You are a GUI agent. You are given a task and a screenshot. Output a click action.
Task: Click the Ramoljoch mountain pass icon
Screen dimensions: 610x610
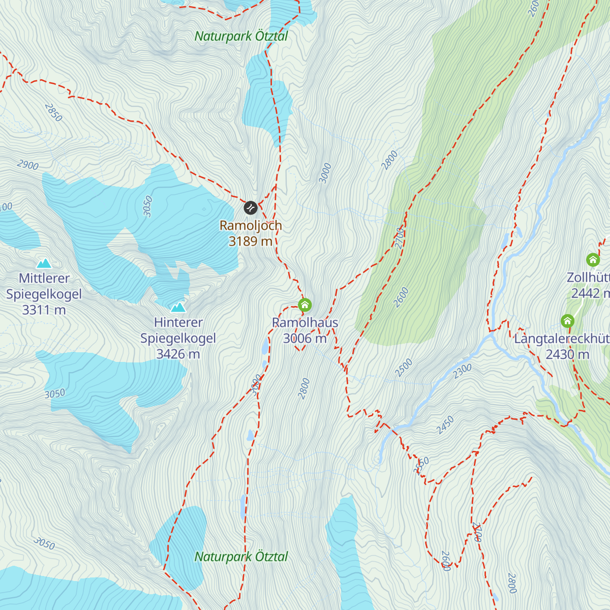click(x=250, y=207)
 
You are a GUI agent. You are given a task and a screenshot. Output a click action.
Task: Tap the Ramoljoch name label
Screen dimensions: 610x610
click(x=251, y=225)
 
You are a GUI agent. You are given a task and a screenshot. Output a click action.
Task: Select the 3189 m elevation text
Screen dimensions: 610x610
click(x=251, y=241)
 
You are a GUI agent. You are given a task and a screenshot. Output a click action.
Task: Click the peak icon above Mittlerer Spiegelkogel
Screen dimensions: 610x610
click(x=44, y=263)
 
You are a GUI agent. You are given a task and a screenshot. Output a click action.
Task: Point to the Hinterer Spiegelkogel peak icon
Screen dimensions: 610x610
click(x=178, y=307)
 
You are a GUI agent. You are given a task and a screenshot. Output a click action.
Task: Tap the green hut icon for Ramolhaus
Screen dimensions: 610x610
click(x=304, y=305)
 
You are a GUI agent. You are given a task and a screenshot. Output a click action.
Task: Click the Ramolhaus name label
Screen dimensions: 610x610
click(x=305, y=322)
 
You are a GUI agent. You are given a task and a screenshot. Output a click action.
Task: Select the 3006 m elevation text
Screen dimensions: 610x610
click(x=305, y=339)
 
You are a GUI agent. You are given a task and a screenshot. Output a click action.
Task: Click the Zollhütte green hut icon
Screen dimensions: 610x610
click(x=593, y=260)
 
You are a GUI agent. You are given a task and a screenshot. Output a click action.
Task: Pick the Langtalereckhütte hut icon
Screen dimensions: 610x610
click(x=567, y=321)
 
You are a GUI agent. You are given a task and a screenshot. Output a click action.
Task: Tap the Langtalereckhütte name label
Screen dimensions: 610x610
click(x=562, y=339)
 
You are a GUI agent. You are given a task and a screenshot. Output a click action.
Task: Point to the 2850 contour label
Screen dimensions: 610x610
click(x=53, y=112)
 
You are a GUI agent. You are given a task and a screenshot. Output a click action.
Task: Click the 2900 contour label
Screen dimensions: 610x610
click(x=27, y=165)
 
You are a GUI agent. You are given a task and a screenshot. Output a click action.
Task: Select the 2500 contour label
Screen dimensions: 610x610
click(x=404, y=368)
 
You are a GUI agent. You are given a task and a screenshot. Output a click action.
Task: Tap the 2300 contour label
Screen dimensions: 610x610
click(x=463, y=371)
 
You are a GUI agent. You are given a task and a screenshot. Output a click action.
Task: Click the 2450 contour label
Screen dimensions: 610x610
click(x=445, y=425)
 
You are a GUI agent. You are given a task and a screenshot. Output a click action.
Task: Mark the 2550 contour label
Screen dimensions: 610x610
click(x=421, y=465)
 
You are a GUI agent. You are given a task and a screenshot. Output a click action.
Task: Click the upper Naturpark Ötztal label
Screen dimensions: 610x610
click(x=241, y=36)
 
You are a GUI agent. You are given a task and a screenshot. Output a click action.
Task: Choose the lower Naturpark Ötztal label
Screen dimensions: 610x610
click(x=241, y=557)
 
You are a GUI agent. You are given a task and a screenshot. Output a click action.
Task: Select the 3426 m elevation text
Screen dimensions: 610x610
click(x=178, y=354)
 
